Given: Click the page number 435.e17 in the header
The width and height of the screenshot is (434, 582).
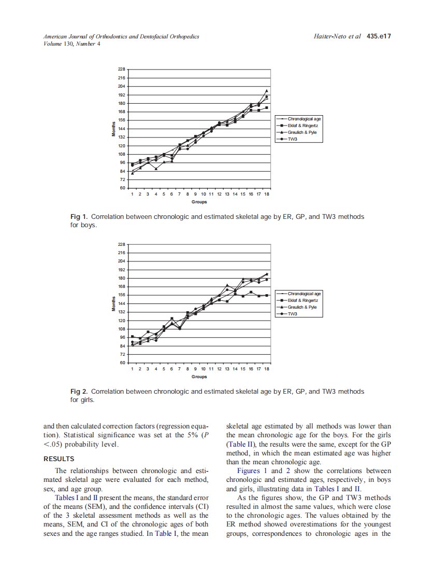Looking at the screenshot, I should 378,37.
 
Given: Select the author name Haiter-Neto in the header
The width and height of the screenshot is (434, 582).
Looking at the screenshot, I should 332,37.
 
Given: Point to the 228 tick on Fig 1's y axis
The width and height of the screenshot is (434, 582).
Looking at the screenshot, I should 122,69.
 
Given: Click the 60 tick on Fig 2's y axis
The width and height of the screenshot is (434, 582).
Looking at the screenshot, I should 123,363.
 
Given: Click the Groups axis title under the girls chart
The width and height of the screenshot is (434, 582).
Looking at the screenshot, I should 199,377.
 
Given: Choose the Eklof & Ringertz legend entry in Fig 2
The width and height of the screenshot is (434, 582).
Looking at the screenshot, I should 302,300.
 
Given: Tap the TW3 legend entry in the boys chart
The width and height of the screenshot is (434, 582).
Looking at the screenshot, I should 293,139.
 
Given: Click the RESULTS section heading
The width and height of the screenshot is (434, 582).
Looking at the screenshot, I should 59,459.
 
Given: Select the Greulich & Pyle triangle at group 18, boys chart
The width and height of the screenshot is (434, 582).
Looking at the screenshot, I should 267,91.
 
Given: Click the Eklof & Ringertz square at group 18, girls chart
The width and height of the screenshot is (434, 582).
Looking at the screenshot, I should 267,295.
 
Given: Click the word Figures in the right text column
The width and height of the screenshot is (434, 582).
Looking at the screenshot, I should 249,471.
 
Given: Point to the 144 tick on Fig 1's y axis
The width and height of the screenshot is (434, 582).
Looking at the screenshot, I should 122,129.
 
